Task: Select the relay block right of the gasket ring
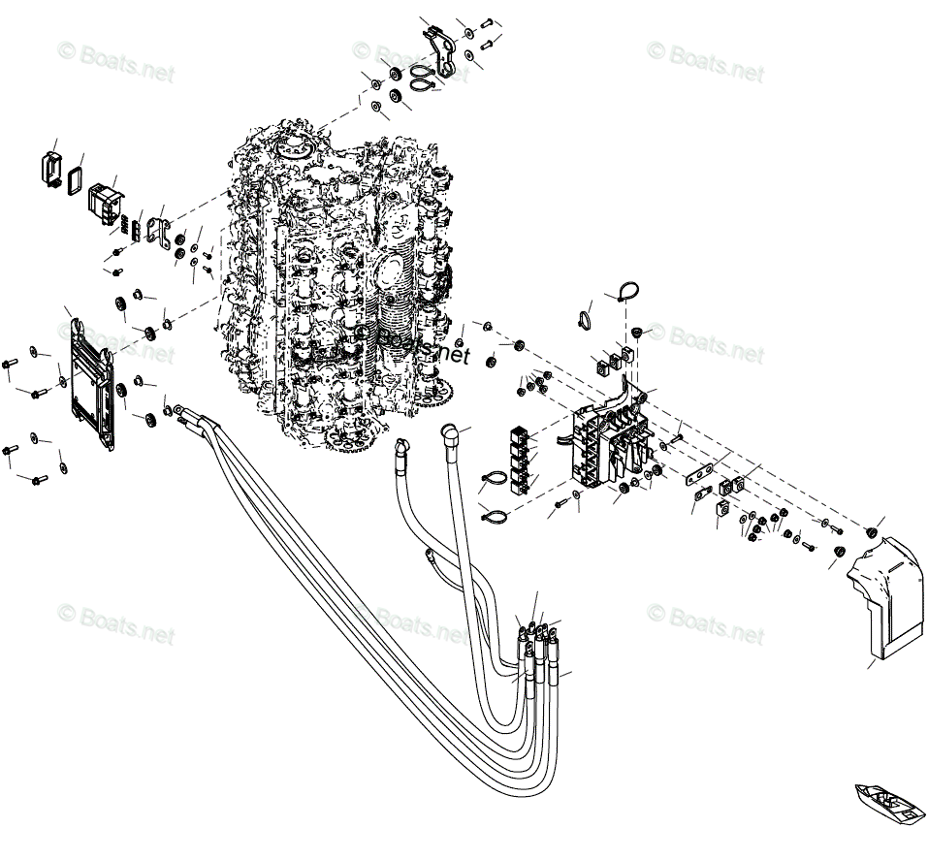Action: pos(104,200)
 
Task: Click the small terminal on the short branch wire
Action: pos(427,556)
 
